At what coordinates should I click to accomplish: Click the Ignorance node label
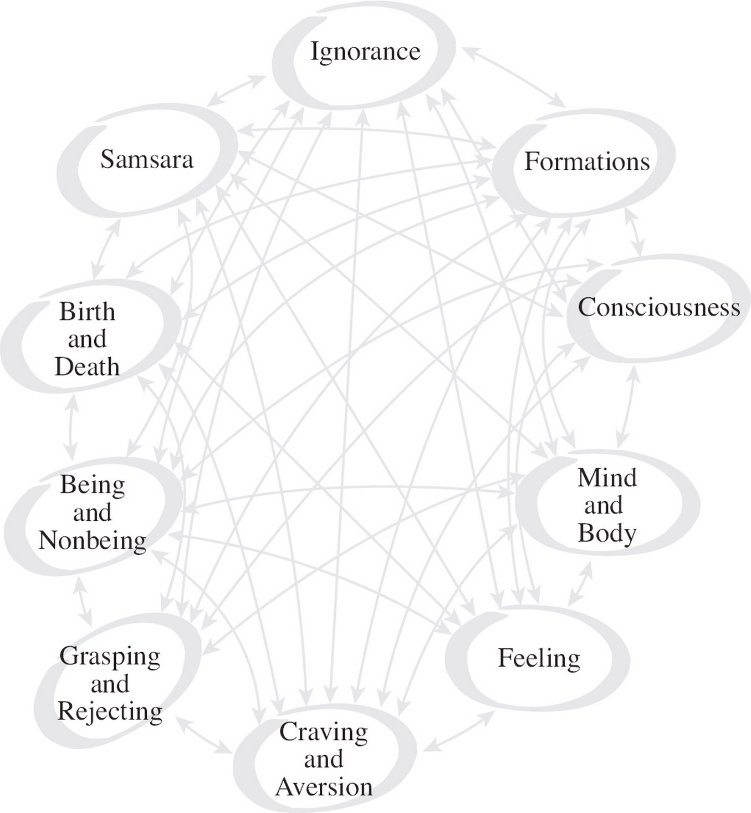tap(365, 52)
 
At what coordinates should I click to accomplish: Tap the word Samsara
tap(147, 160)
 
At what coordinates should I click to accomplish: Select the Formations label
tap(587, 161)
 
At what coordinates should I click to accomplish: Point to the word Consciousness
tap(658, 307)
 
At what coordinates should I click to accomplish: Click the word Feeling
tap(539, 658)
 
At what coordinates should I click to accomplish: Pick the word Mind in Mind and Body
tap(607, 478)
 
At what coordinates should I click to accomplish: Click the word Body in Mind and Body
tap(607, 533)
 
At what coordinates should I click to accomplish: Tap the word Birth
tap(88, 312)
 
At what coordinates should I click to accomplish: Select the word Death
tap(87, 367)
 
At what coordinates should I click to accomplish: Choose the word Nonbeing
tap(93, 541)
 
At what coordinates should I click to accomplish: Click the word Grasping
tap(110, 657)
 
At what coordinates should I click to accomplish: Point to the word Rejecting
tap(110, 712)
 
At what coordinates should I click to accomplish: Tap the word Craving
tap(324, 732)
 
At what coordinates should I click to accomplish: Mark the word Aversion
tap(324, 787)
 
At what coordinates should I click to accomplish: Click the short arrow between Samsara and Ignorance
tap(237, 89)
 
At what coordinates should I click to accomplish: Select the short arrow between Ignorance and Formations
tap(514, 77)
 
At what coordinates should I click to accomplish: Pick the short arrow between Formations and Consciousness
tap(635, 232)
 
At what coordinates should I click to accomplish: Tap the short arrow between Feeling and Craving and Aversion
tap(459, 731)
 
